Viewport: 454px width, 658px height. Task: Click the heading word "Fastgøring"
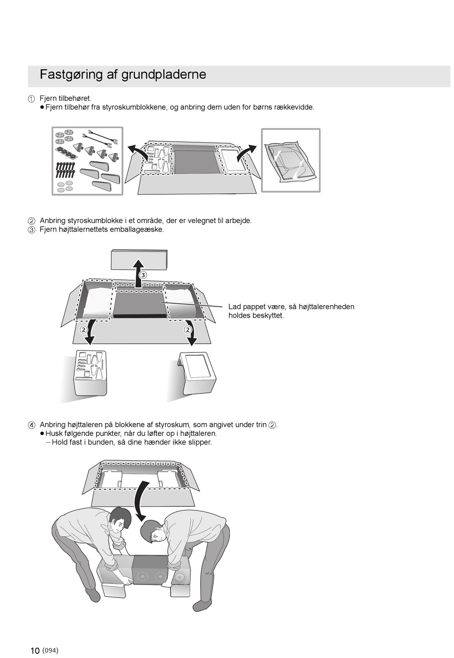point(65,74)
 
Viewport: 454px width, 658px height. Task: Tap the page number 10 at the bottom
point(35,651)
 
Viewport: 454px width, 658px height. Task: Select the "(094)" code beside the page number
point(50,650)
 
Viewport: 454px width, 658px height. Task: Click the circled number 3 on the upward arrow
point(143,275)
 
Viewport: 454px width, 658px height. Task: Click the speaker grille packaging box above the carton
point(139,259)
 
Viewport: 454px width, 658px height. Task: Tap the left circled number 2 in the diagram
point(83,329)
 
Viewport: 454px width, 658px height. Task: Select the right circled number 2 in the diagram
point(188,329)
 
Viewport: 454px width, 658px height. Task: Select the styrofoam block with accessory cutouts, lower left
point(90,372)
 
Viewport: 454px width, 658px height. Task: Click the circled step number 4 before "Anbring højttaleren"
point(32,425)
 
